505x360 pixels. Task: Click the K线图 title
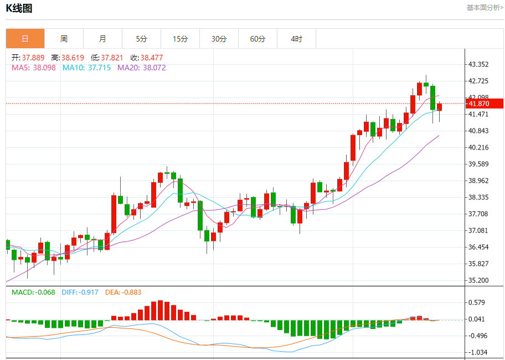point(19,8)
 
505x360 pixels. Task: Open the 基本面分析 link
point(485,8)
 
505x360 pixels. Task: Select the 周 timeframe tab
point(64,39)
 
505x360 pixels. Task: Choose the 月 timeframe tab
point(102,39)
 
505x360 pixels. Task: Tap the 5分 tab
point(141,39)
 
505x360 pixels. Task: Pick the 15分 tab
point(180,39)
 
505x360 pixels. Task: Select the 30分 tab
point(219,39)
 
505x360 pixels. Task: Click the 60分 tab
point(257,39)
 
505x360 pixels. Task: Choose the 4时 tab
point(296,39)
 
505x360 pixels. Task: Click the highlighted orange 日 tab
point(25,39)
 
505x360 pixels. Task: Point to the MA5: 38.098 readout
point(33,68)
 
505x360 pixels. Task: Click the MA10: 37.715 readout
point(86,68)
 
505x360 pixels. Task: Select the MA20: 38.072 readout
point(141,68)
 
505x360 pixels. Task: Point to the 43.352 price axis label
point(478,64)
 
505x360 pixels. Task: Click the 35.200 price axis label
point(478,280)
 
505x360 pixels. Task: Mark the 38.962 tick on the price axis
point(478,181)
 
